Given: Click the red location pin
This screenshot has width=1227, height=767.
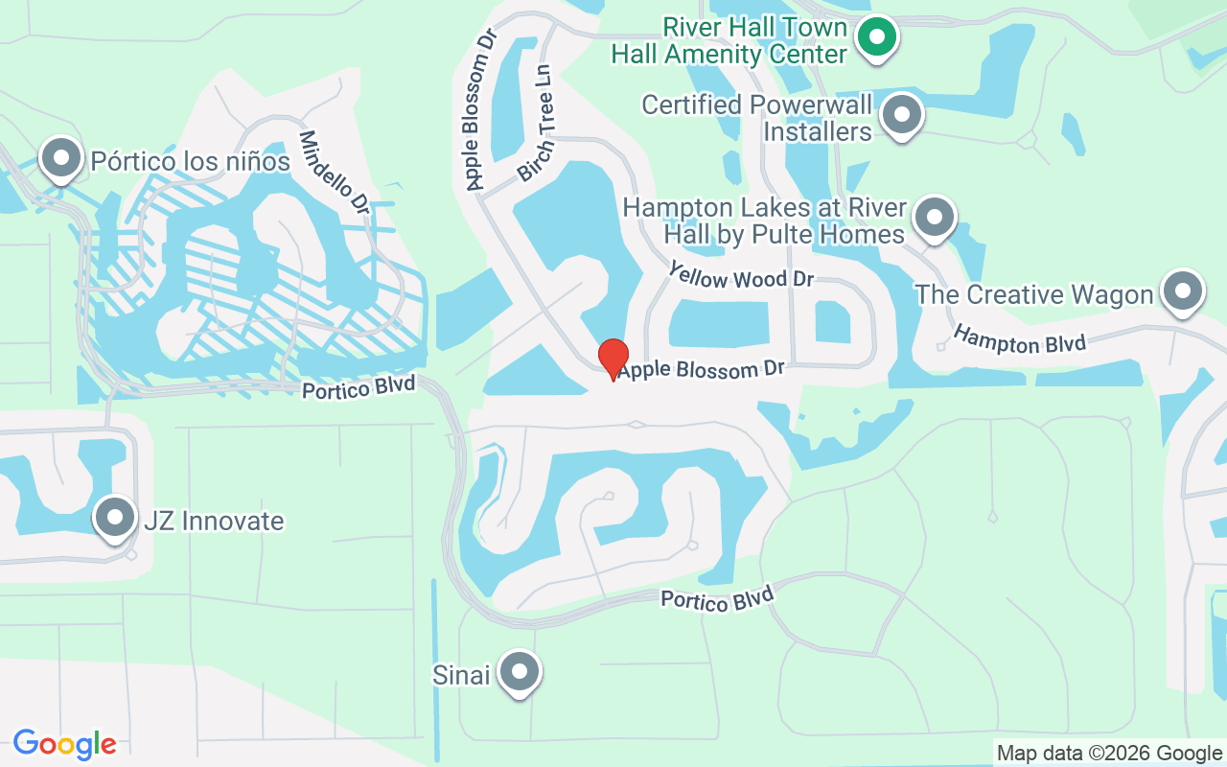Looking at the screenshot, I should point(613,357).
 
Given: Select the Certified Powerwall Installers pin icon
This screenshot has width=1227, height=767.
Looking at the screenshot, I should point(901,115).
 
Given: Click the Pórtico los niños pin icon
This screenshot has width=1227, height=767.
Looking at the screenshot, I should point(61,156).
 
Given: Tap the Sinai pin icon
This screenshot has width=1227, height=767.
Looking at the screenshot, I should point(521,672).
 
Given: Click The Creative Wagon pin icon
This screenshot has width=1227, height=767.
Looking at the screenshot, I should point(1182,291).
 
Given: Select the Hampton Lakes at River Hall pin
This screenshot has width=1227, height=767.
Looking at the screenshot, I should point(934,218).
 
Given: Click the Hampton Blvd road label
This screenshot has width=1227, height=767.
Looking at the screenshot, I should point(1019,339).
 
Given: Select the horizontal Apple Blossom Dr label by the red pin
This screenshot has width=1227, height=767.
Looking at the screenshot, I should point(701,369).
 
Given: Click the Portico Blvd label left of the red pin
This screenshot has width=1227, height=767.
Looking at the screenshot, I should point(359,388).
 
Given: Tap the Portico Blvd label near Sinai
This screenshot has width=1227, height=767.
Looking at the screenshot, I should point(716,599).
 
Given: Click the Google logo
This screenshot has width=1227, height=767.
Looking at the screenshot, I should point(64,743).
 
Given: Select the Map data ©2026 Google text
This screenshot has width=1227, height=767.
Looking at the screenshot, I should point(1109,754).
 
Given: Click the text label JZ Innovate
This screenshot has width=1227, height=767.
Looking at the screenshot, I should point(213,521).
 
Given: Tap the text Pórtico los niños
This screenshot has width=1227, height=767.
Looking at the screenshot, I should point(190,161).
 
